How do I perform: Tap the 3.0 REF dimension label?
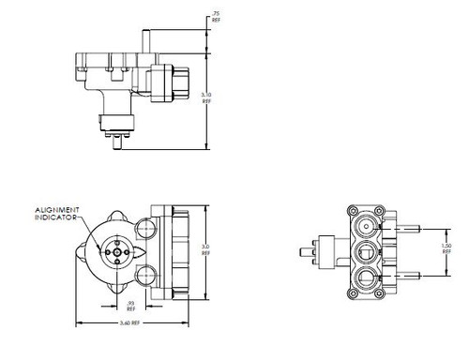(205, 248)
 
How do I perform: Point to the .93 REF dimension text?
(130, 306)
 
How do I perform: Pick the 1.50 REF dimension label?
(447, 249)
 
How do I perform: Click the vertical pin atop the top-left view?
(145, 39)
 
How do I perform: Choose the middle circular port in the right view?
(368, 250)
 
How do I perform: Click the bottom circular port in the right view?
(368, 276)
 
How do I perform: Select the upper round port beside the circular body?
(146, 226)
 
